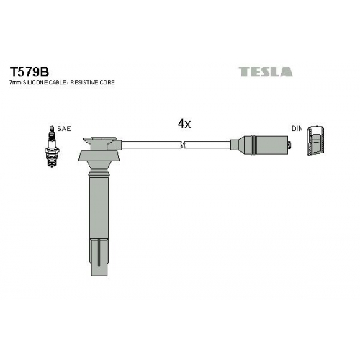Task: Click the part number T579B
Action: (x=30, y=71)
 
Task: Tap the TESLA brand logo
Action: (x=266, y=72)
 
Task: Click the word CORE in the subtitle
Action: (x=107, y=82)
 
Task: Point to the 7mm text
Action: (x=15, y=83)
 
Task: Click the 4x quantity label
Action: (x=184, y=124)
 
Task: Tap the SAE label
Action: (x=64, y=129)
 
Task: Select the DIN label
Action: (x=297, y=129)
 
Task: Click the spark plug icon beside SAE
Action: (x=52, y=147)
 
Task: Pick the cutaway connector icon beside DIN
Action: (x=316, y=140)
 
